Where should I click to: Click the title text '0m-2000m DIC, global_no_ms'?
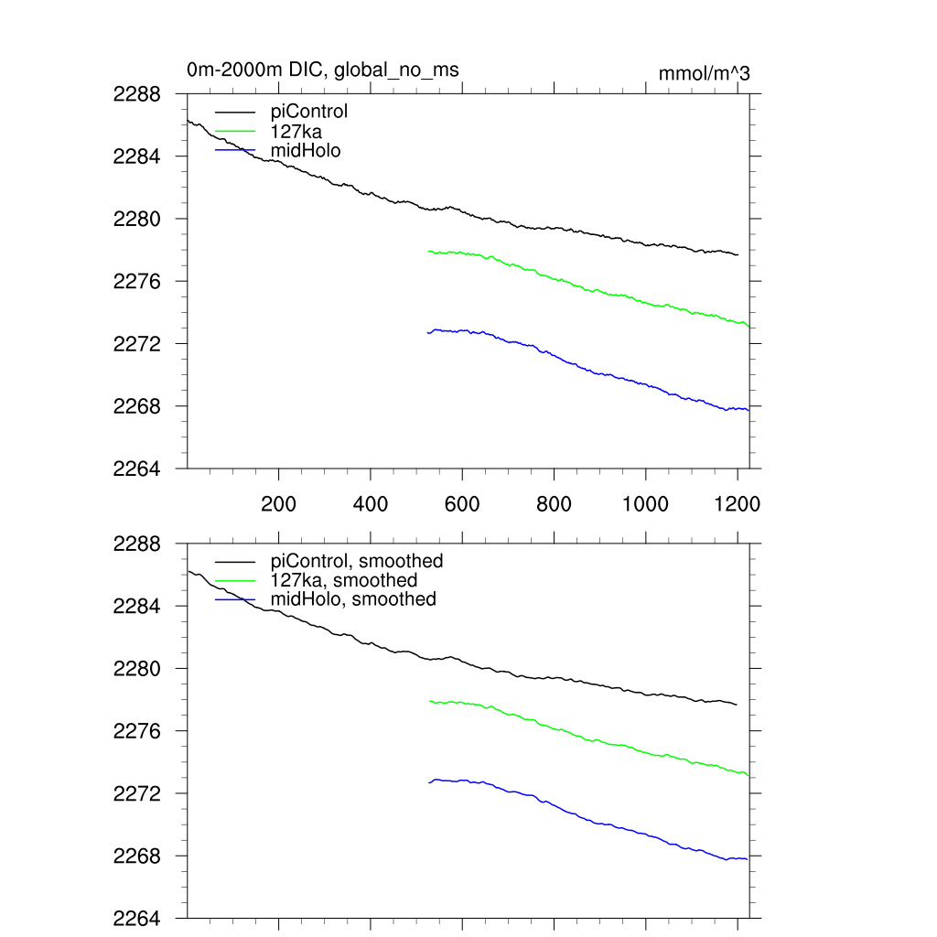coord(322,70)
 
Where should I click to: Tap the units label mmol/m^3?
coord(704,74)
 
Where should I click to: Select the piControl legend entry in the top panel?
coord(309,112)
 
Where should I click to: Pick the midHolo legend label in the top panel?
coord(306,150)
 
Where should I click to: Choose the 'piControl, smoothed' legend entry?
coord(357,561)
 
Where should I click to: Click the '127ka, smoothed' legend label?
coord(344,580)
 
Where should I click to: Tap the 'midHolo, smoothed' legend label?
coord(353,599)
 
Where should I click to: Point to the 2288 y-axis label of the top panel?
coord(137,94)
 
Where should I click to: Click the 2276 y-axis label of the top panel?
coord(137,281)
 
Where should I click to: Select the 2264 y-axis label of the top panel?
coord(137,468)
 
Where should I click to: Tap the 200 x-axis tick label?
coord(278,504)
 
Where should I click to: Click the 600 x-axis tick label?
coord(462,504)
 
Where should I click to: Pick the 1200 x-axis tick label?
coord(738,504)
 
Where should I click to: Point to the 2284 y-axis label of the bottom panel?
coord(137,607)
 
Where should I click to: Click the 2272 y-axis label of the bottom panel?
coord(137,793)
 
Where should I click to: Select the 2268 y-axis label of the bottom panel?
coord(137,856)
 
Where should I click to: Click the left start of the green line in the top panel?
coord(428,251)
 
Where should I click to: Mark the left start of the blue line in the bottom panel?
coord(428,782)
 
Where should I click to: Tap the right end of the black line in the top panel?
coord(738,254)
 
